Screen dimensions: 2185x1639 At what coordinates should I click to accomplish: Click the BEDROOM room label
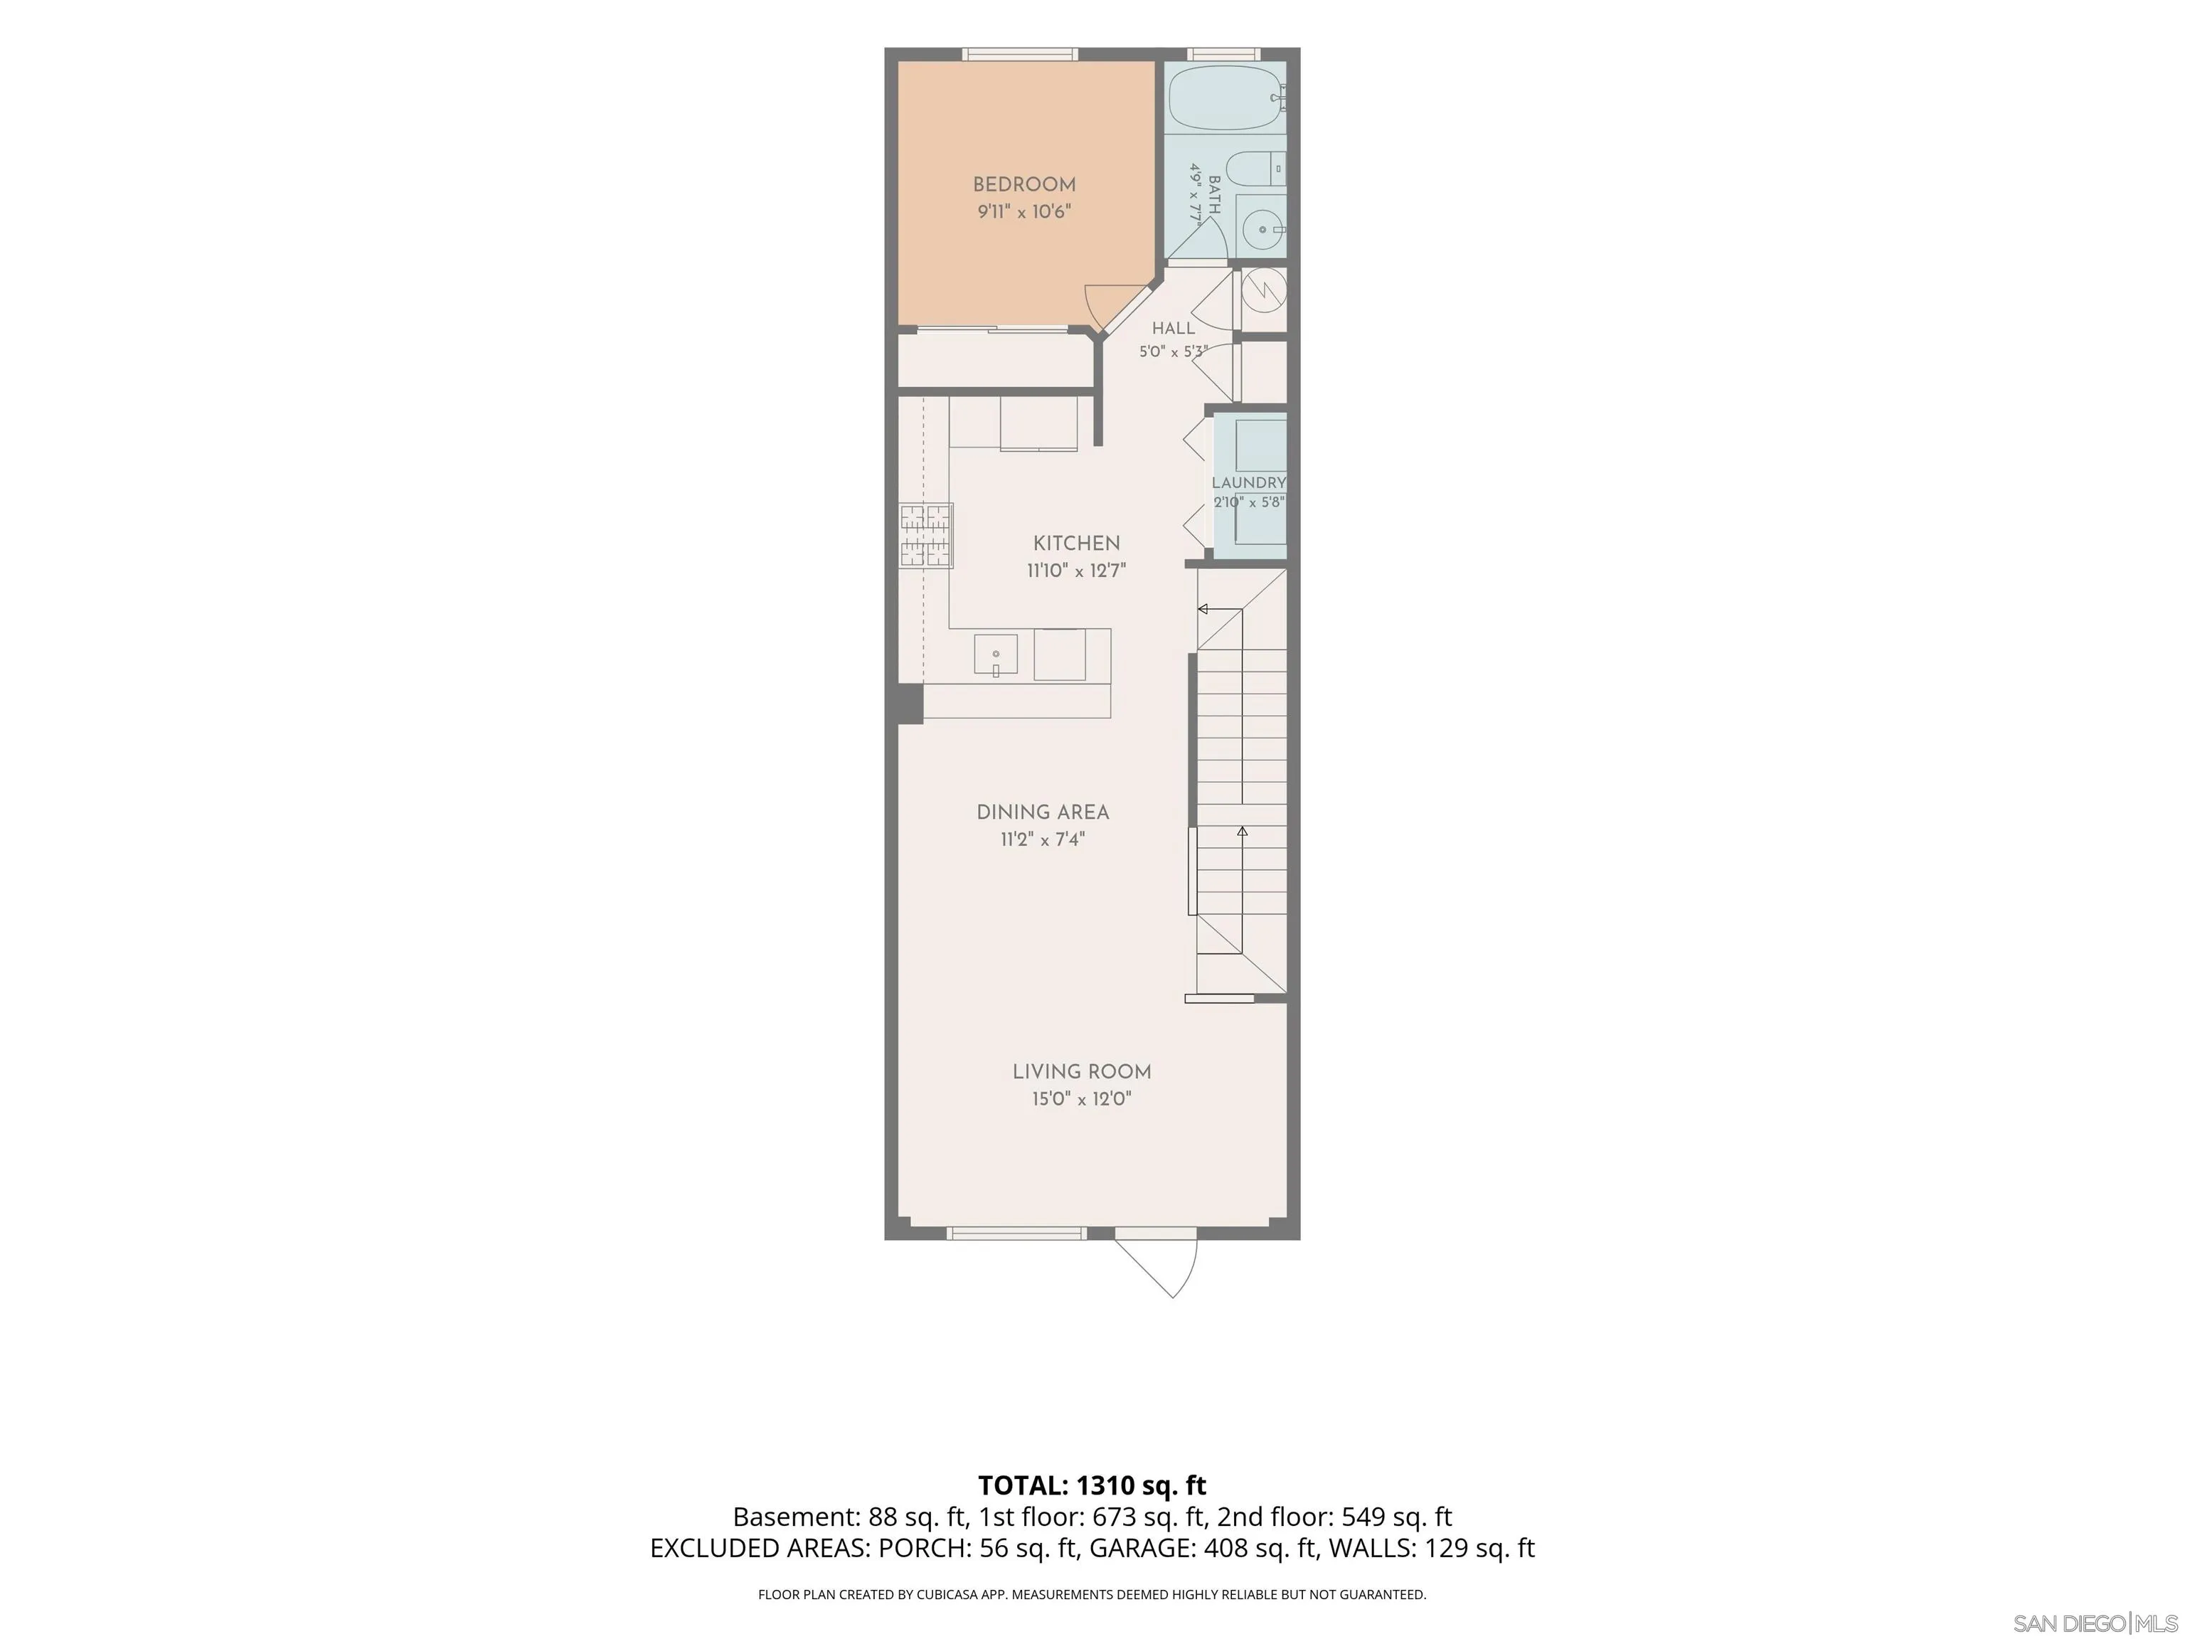pyautogui.click(x=1024, y=185)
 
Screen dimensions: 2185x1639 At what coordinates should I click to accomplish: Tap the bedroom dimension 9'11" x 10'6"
pyautogui.click(x=1024, y=211)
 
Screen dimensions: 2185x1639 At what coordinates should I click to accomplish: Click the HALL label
pyautogui.click(x=1174, y=328)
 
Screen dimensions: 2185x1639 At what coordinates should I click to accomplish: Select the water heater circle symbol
pyautogui.click(x=1263, y=290)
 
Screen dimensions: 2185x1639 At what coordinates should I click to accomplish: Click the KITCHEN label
pyautogui.click(x=1077, y=543)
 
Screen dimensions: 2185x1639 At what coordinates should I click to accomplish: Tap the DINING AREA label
pyautogui.click(x=1043, y=812)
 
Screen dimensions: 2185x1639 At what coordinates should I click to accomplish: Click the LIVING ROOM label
pyautogui.click(x=1082, y=1072)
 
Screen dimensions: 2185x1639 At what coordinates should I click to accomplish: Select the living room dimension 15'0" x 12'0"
pyautogui.click(x=1082, y=1098)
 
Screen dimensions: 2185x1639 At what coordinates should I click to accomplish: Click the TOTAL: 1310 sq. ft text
pyautogui.click(x=1092, y=1486)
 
